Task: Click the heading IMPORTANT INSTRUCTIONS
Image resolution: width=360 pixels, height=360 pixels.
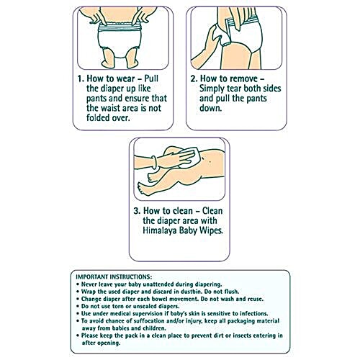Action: pyautogui.click(x=114, y=276)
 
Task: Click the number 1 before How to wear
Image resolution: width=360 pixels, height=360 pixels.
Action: pyautogui.click(x=81, y=78)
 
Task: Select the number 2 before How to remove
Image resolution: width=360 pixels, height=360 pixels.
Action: pyautogui.click(x=194, y=78)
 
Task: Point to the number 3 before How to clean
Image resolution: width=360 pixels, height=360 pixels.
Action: pyautogui.click(x=137, y=211)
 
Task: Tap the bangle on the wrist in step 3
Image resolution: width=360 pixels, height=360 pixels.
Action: pyautogui.click(x=154, y=163)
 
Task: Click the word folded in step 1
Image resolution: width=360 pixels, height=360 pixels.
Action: pyautogui.click(x=97, y=118)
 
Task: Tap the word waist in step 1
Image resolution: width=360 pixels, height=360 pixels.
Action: pyautogui.click(x=110, y=108)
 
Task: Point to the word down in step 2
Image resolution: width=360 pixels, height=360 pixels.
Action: pyautogui.click(x=210, y=108)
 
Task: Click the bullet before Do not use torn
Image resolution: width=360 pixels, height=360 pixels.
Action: pyautogui.click(x=78, y=307)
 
